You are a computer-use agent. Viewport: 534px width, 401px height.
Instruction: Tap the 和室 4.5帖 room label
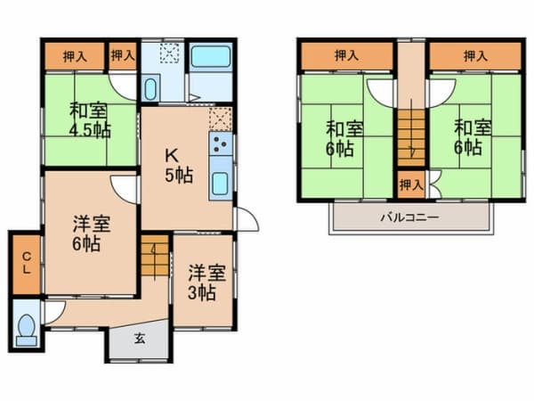[89, 119]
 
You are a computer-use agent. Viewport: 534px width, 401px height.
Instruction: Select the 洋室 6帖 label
[89, 233]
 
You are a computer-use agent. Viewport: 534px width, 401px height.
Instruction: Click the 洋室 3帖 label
[202, 282]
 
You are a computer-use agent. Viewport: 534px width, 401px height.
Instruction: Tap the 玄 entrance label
[141, 340]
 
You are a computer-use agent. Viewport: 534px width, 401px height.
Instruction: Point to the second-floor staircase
[410, 135]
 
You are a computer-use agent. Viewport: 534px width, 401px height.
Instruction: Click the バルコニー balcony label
[409, 217]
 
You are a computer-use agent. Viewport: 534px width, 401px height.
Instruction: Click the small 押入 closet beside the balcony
[410, 185]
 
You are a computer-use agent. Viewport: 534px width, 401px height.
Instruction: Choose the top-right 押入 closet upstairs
[473, 56]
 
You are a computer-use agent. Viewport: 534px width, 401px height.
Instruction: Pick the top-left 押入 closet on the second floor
[346, 56]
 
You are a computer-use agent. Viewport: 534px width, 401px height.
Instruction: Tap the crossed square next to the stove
[220, 118]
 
